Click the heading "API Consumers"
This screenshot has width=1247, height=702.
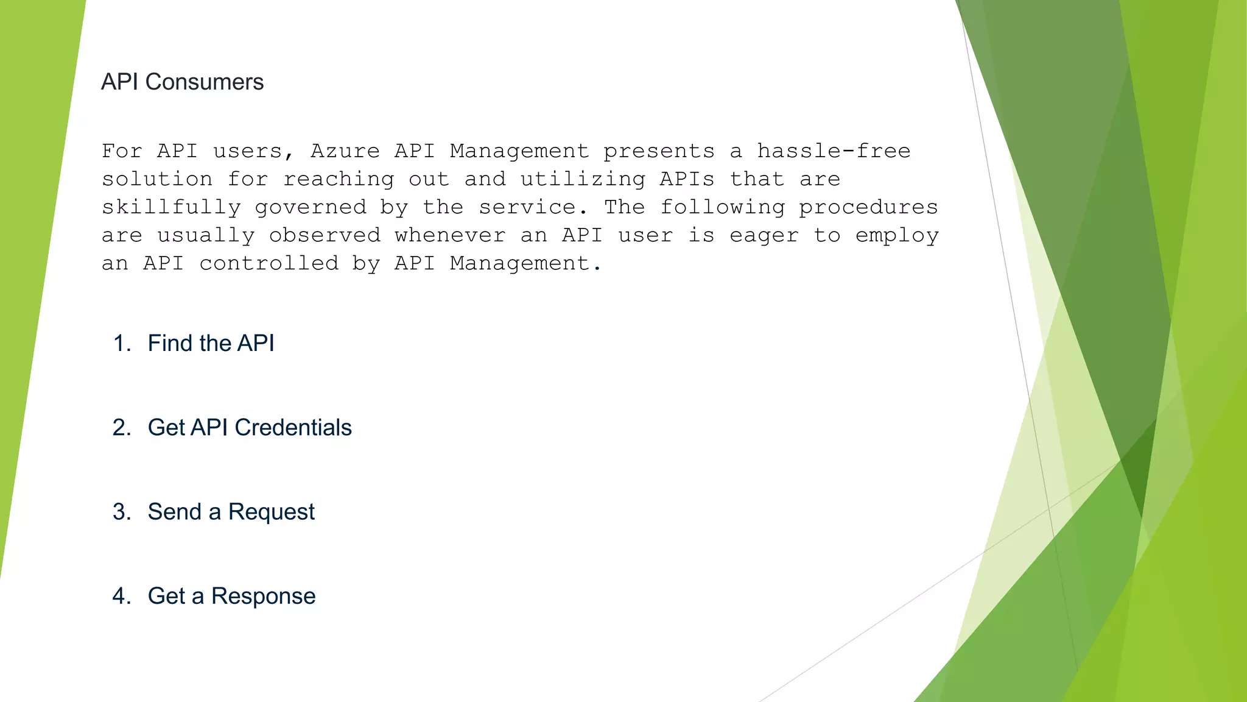tap(182, 82)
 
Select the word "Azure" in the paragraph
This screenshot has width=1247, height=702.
tap(345, 151)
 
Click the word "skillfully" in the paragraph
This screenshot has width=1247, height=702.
tap(171, 207)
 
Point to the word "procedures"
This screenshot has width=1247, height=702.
tap(868, 207)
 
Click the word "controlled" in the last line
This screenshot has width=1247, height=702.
tap(269, 263)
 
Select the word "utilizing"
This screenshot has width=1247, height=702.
tap(583, 179)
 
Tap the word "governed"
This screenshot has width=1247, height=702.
tap(311, 207)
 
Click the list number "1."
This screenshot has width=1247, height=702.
tap(122, 343)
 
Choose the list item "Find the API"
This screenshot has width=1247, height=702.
tap(211, 343)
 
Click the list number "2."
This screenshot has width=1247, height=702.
tap(122, 427)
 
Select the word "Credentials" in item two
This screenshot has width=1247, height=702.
tap(293, 427)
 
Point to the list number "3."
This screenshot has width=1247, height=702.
tap(122, 511)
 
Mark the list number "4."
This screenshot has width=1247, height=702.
tap(122, 595)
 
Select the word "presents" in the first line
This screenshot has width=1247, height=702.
tap(659, 151)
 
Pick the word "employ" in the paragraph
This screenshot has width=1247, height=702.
tap(896, 236)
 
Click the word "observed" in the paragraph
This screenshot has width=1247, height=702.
tap(325, 235)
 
